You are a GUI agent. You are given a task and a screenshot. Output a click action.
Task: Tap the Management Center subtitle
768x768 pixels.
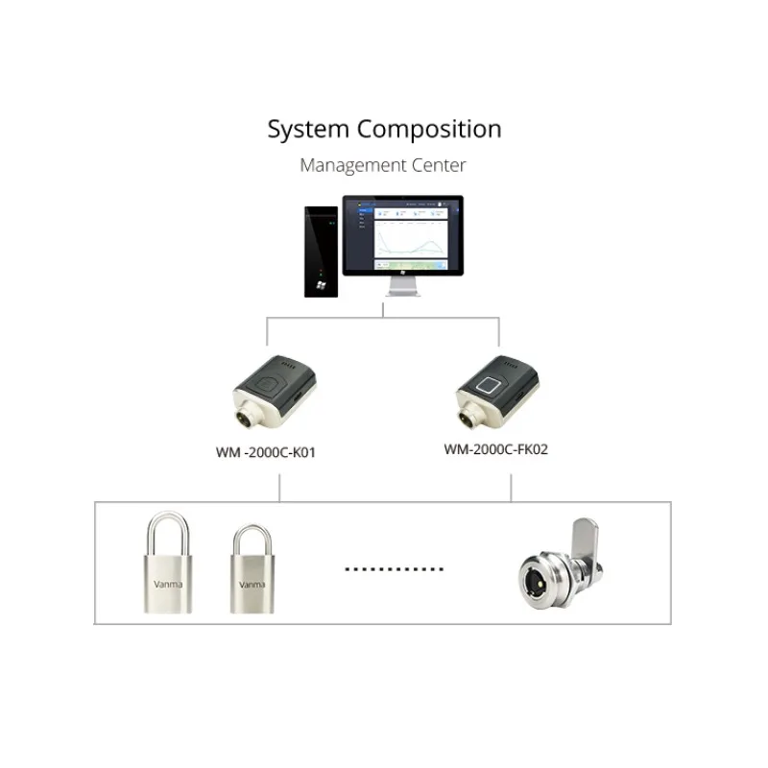[x=383, y=165]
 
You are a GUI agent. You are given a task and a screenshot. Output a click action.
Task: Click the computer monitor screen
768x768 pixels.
[x=403, y=234]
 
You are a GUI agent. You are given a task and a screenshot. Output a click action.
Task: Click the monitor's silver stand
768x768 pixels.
[x=403, y=287]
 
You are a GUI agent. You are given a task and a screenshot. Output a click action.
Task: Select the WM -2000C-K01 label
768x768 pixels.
[x=266, y=451]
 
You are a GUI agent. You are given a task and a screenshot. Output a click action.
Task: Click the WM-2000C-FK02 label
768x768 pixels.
[x=496, y=448]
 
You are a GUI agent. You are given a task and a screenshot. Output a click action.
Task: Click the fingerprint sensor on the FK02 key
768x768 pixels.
[x=487, y=387]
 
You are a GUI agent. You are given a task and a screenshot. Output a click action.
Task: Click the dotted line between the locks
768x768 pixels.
[x=395, y=569]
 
